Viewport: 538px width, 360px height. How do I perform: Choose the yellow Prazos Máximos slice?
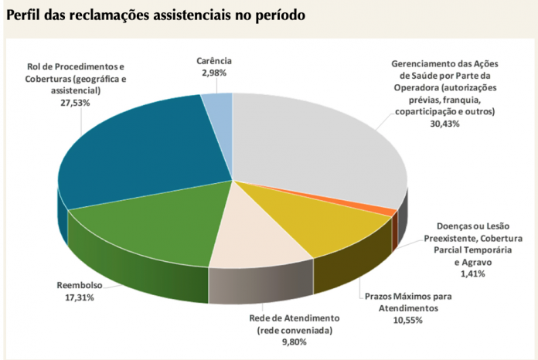click(x=332, y=224)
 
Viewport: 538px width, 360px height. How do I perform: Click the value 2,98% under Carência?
click(x=213, y=72)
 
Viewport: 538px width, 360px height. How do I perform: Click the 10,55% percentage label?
click(x=407, y=319)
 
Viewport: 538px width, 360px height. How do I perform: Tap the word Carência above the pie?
click(x=214, y=60)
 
